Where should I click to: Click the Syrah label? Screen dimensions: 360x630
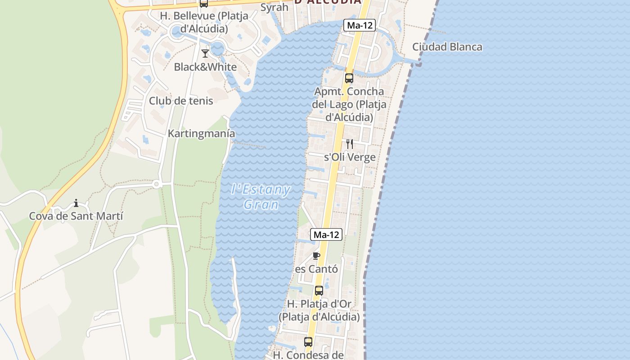point(274,7)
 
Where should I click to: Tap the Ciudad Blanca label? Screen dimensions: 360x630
point(447,47)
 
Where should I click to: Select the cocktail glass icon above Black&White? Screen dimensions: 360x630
point(205,54)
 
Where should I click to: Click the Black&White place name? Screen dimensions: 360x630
point(205,67)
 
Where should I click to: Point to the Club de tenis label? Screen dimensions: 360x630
point(181,100)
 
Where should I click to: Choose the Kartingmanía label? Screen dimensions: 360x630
point(201,134)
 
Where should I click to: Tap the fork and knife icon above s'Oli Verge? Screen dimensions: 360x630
point(349,144)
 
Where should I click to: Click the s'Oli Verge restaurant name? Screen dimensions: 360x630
point(350,157)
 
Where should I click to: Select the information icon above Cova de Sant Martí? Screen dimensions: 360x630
point(76,203)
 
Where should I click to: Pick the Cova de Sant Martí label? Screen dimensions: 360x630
point(76,216)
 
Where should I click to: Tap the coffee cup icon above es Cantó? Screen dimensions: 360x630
point(316,256)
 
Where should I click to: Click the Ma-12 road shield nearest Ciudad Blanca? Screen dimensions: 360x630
point(360,25)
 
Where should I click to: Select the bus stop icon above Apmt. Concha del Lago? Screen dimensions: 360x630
point(349,78)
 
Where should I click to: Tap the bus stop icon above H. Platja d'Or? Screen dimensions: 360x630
point(319,291)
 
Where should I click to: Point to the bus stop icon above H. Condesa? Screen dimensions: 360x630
point(308,342)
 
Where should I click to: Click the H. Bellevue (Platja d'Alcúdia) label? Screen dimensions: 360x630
point(204,22)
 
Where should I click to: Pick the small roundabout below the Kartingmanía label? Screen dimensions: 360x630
point(157,184)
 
